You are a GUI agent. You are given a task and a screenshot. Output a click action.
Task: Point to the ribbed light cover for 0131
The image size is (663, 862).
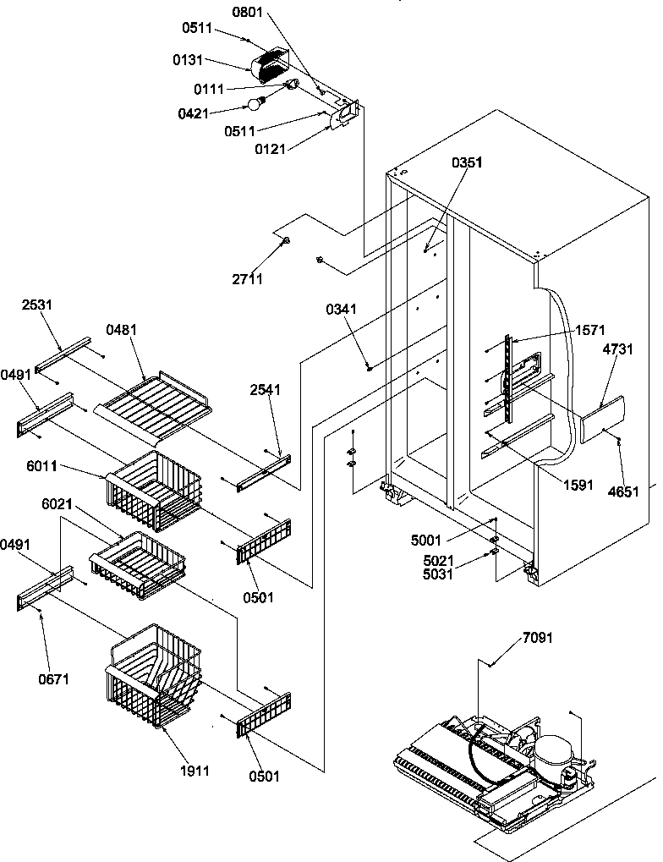270,63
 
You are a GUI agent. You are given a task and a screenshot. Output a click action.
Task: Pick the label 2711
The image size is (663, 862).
250,278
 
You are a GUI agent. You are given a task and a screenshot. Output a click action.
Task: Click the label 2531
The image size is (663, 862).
38,304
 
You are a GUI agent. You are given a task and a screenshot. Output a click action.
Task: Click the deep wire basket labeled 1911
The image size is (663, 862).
155,677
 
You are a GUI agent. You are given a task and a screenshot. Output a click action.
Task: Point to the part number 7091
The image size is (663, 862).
538,637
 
